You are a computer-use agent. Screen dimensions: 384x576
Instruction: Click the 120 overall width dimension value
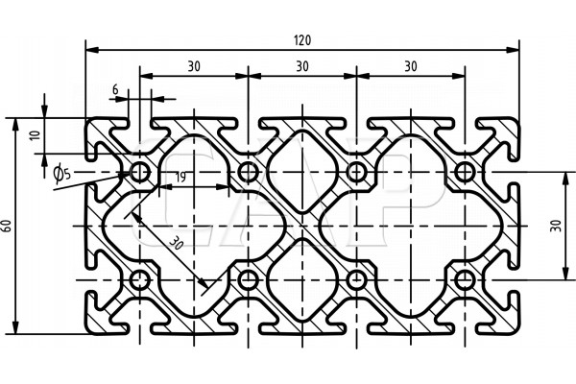point(303,39)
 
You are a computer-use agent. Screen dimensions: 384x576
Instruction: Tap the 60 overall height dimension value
point(9,225)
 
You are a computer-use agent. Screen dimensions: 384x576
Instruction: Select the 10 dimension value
point(36,135)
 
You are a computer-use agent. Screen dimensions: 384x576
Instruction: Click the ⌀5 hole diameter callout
point(60,173)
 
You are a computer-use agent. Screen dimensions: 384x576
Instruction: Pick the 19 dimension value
point(179,177)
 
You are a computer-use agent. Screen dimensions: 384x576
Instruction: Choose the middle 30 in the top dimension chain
point(302,65)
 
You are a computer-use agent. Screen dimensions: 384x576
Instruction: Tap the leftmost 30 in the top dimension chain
point(194,65)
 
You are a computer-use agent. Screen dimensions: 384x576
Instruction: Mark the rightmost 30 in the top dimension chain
point(411,65)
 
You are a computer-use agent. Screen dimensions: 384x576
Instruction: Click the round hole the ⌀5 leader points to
point(141,172)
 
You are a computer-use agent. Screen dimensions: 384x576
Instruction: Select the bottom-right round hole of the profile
point(466,280)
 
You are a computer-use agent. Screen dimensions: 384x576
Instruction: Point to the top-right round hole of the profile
point(466,172)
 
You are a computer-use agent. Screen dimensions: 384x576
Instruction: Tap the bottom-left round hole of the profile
point(141,280)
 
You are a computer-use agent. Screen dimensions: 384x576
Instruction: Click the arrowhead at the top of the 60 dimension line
point(16,123)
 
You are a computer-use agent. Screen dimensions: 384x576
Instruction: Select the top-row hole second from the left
point(250,172)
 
